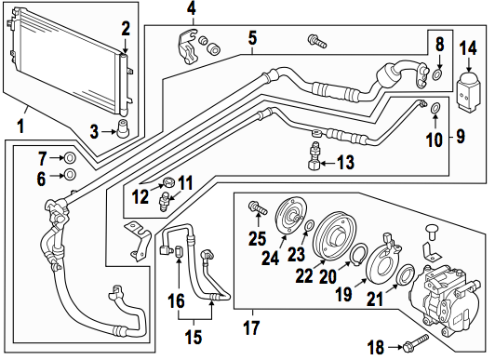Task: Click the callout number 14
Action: pos(468,49)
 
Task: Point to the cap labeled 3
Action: pos(123,128)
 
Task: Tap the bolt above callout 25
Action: pos(259,207)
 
